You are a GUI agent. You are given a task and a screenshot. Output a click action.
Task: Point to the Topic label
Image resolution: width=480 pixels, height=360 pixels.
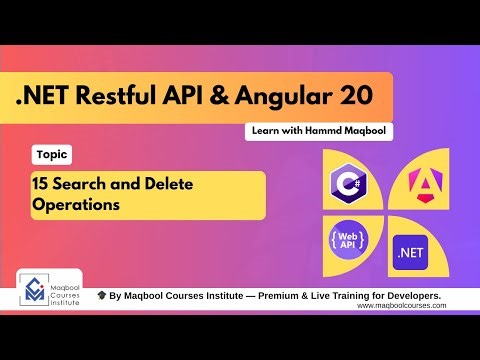pos(51,155)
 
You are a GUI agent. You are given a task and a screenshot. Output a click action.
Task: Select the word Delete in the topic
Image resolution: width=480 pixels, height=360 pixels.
pos(165,185)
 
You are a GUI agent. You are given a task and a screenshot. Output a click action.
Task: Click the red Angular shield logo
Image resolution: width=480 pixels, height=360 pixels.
pos(414,182)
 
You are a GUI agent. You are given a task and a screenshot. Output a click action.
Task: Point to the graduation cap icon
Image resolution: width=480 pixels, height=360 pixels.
pos(102,296)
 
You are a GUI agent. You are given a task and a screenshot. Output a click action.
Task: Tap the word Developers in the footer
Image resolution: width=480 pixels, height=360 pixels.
pos(435,296)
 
